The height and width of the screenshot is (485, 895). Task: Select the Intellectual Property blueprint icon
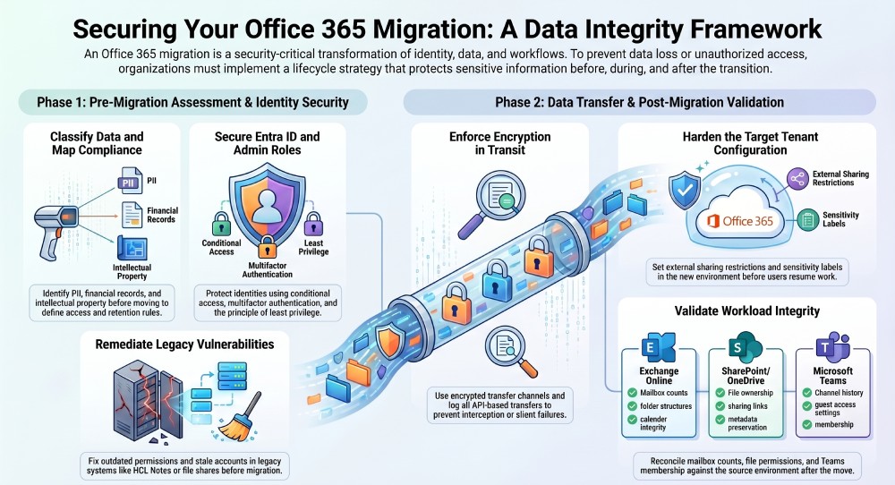point(132,248)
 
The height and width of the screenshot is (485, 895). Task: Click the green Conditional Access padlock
point(221,225)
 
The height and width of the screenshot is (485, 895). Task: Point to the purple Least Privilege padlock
point(313,225)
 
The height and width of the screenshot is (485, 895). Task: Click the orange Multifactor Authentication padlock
point(267,247)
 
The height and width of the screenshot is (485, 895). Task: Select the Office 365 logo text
point(740,221)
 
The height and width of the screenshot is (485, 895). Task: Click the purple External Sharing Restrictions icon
point(797,179)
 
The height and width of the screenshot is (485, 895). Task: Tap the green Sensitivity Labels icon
point(807,219)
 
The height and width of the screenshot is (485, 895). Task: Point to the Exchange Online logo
point(658,347)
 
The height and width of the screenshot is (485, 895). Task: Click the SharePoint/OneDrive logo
point(746,347)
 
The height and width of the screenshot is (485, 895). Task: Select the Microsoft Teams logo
point(832,347)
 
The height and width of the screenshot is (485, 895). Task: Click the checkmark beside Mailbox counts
point(633,393)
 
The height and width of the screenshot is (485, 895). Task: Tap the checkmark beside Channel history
point(807,393)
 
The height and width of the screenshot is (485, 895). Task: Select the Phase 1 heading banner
point(193,102)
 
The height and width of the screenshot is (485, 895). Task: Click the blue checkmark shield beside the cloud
point(685,190)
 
